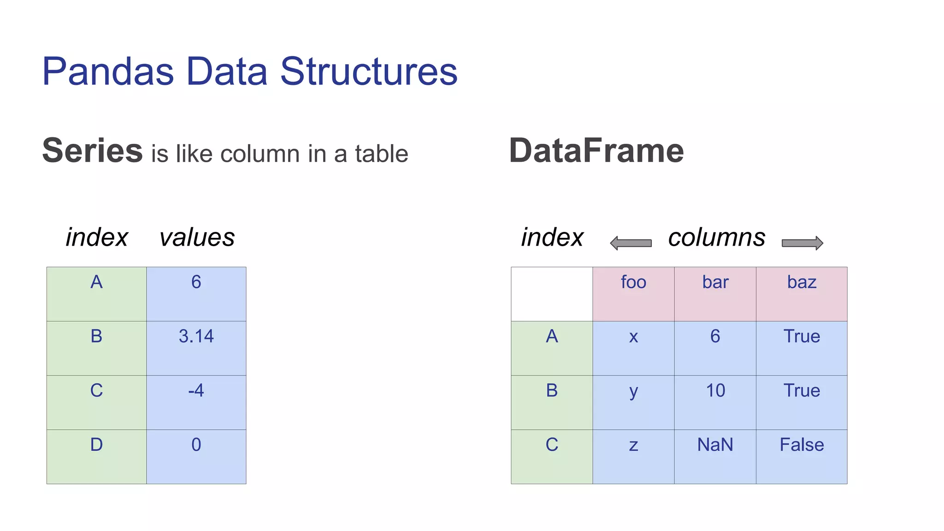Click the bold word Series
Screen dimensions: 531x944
coord(93,151)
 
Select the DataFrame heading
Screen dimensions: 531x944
coord(596,151)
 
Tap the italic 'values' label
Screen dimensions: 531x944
coord(197,237)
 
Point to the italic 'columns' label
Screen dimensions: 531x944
coord(717,237)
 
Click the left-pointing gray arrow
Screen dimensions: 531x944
coord(631,243)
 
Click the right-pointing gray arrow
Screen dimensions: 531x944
coord(802,243)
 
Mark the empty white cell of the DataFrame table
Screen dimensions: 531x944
coord(552,294)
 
